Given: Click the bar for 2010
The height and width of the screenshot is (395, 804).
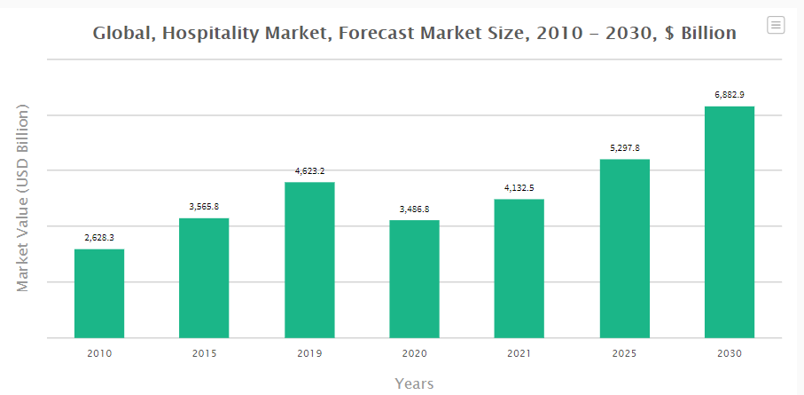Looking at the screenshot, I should pos(99,293).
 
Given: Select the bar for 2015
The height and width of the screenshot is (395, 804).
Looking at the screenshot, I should pos(204,278).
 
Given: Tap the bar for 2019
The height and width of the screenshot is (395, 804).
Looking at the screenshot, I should pos(309,259).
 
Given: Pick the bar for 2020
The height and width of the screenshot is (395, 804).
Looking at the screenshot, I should pos(414,279).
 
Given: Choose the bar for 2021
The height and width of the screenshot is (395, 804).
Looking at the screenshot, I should pos(519,268).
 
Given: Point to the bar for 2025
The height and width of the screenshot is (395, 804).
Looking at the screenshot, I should pos(625,249).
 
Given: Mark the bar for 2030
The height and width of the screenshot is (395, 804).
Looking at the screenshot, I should pos(730,222).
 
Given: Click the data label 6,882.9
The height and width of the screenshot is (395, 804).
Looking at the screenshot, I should pos(730,94).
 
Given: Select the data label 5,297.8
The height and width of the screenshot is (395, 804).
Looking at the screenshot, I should pos(625,147).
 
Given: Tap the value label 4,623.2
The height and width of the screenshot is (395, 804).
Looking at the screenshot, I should pos(309,170).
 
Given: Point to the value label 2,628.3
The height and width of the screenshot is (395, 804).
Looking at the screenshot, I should pos(99,237).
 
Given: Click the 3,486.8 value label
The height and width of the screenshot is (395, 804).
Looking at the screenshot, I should pos(414,209).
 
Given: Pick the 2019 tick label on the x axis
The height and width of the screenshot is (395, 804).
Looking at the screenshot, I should pos(309,353).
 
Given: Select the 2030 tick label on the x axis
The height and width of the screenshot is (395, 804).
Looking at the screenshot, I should pos(730,353).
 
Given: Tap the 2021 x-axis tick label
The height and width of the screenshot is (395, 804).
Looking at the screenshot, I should pos(519,353).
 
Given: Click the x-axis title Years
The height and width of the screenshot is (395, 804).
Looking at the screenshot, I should pos(414,383).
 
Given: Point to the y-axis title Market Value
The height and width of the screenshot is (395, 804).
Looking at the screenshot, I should pos(24,198).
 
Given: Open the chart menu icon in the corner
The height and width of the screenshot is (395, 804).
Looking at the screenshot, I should pos(776,25).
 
